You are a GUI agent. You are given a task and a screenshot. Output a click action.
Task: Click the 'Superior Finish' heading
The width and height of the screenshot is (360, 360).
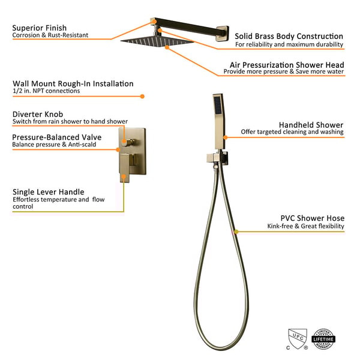40,28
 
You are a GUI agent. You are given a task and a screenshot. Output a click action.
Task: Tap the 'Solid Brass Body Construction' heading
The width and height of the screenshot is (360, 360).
289,37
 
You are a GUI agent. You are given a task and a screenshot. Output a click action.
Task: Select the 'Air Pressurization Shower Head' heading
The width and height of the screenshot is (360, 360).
287,64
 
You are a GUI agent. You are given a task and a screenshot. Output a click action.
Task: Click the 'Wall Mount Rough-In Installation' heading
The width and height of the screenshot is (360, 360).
73,84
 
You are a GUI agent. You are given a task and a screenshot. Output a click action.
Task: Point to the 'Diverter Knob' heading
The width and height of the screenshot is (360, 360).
38,114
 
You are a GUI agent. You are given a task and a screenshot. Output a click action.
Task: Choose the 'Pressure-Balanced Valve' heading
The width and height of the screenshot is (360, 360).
57,137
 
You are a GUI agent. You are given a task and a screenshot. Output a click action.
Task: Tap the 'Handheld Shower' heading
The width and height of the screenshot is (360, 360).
316,124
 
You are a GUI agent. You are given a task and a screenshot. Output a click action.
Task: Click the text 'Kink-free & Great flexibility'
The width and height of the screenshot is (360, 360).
306,227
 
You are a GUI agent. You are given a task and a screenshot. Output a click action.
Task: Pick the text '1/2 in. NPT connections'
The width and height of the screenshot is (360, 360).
46,92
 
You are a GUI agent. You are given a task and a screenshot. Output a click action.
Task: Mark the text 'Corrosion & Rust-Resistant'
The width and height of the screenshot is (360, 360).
50,35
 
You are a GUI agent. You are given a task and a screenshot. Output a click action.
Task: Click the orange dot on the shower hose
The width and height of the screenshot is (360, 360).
236,230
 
